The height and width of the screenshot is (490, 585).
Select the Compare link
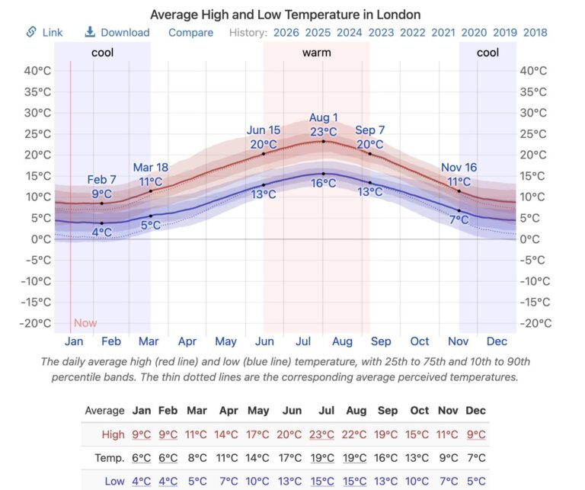coord(191,32)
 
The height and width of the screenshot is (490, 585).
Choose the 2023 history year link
coord(381,32)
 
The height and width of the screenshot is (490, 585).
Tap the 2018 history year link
coord(535,32)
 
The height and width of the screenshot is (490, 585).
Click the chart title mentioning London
coord(285,14)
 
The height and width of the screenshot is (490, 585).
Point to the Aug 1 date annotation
coord(324,117)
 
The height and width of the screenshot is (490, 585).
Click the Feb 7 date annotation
coord(102,180)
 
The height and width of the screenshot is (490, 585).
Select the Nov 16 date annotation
coord(459,168)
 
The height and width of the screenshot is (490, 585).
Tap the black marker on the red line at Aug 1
coord(323,141)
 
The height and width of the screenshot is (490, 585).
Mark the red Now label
coord(85,322)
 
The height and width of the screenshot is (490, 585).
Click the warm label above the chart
coord(316,53)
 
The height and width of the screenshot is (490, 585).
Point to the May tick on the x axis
coord(226,341)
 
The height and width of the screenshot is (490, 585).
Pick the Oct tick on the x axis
coord(420,341)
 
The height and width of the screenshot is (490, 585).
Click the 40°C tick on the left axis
coord(37,71)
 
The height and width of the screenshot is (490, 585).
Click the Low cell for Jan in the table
coord(142,481)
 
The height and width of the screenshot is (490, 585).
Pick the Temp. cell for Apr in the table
coord(229,458)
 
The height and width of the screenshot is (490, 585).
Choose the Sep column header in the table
coord(388,411)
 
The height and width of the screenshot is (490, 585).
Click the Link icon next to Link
coord(31,32)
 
